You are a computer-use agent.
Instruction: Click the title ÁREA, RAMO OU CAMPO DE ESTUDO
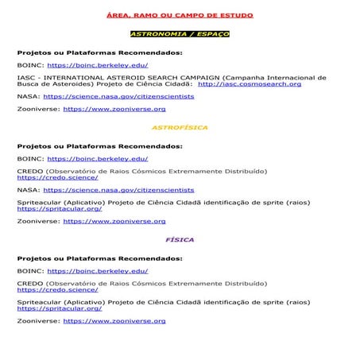pos(180,17)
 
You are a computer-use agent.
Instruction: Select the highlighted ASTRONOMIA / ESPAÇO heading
pos(180,35)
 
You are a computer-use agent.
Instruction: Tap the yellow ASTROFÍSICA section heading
pos(180,127)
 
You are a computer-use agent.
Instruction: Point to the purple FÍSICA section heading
pos(180,238)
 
